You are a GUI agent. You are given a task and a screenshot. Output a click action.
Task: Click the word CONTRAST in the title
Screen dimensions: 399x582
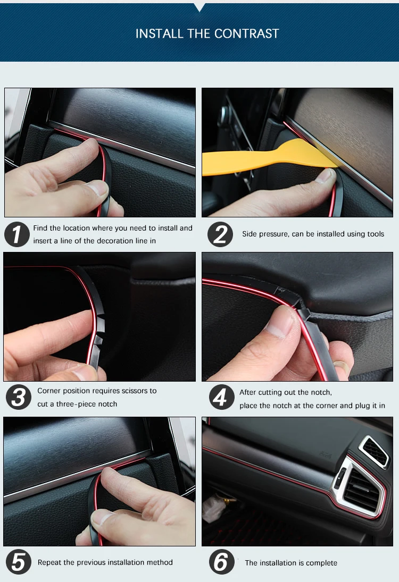point(246,34)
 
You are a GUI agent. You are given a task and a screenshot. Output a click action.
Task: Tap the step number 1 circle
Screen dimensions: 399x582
point(17,234)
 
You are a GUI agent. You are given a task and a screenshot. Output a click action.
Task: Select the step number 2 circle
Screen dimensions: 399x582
point(220,234)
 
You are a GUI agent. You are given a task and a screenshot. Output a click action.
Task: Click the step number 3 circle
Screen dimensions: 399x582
point(19,397)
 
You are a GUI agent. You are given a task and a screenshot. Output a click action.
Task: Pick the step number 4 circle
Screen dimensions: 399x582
point(221,397)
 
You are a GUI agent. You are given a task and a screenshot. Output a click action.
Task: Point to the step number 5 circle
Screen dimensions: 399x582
point(19,562)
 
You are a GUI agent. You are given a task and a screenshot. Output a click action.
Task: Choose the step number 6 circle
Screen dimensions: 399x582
point(221,562)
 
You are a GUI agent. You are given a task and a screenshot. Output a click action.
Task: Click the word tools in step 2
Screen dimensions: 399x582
point(375,234)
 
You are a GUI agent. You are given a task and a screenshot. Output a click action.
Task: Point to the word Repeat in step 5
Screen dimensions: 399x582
point(49,563)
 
